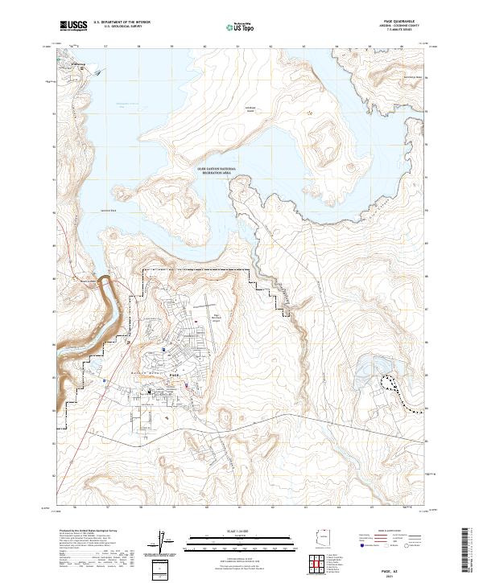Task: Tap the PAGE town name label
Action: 175,374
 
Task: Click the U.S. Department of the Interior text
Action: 122,23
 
